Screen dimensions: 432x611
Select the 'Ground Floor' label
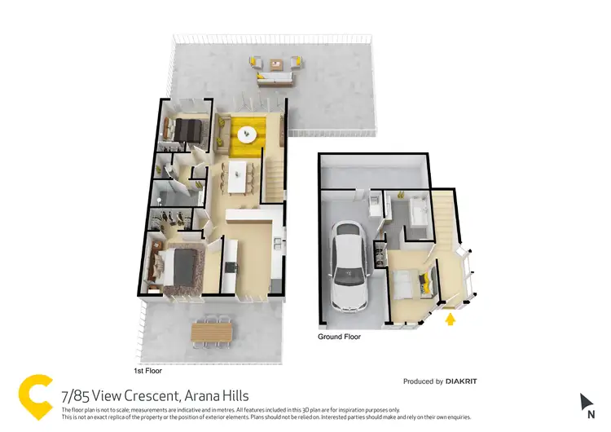coord(339,336)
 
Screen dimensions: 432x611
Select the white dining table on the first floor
coord(239,176)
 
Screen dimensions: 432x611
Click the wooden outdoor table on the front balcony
coord(212,332)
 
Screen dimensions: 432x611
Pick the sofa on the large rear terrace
coord(275,80)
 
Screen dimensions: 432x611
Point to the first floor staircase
coord(274,170)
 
